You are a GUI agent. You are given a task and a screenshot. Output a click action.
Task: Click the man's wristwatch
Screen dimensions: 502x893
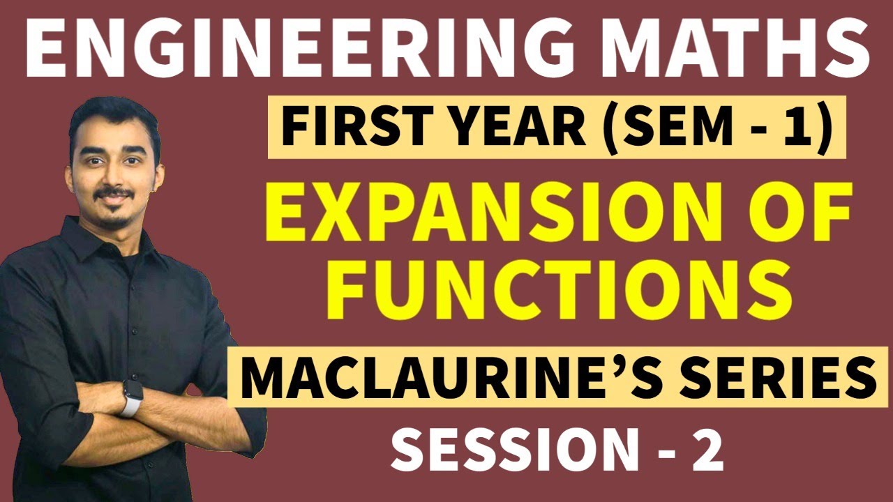(x=130, y=396)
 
